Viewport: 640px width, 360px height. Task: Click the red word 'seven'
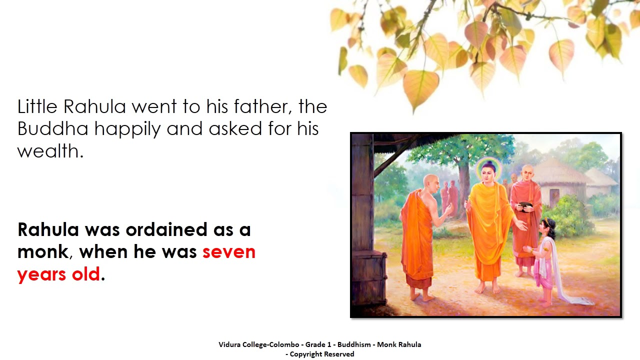coord(228,251)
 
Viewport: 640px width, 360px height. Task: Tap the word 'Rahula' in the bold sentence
coord(48,229)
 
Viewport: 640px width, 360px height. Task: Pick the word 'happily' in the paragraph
coord(128,129)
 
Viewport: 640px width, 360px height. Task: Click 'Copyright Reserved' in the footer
coord(322,354)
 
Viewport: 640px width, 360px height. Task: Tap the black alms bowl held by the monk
coord(525,205)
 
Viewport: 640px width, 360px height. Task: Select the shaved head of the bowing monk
coord(430,180)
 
